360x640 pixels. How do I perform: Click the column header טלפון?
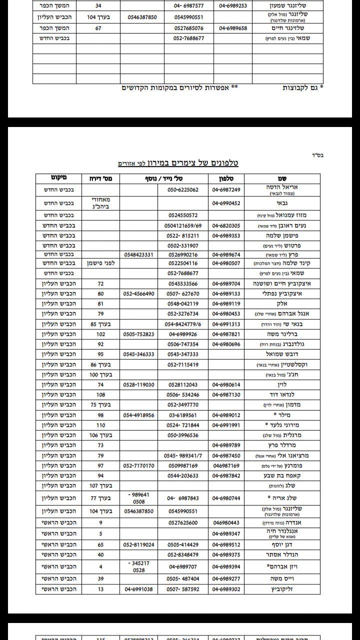point(226,178)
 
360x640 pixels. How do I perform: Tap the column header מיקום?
point(58,178)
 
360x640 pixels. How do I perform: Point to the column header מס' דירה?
point(100,178)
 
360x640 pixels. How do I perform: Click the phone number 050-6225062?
point(183,190)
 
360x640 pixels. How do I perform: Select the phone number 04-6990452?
point(226,203)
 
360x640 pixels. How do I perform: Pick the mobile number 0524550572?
point(183,215)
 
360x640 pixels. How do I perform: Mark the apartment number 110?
point(100,425)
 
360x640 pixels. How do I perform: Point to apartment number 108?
point(100,394)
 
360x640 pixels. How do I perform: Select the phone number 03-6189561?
point(183,415)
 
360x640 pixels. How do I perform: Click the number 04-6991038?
point(139,589)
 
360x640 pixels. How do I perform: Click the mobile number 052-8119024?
point(139,544)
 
